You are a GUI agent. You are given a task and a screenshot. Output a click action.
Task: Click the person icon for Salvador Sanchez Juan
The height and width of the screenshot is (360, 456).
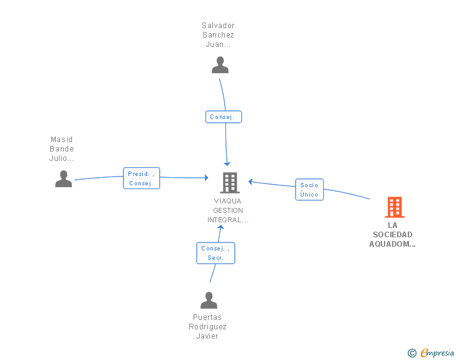(220, 65)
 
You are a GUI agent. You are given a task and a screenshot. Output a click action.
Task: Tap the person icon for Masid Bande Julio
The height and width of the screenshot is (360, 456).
(63, 178)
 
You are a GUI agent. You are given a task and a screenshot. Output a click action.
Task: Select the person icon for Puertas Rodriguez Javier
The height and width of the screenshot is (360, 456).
(209, 300)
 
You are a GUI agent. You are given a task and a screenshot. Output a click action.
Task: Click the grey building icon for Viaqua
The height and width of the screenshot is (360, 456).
(230, 183)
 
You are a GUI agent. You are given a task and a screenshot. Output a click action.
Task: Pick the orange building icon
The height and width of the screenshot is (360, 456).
(395, 207)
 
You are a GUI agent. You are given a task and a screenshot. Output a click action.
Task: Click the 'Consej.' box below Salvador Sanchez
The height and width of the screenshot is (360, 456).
(224, 117)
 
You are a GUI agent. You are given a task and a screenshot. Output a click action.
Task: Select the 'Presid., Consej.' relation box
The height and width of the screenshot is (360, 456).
(142, 178)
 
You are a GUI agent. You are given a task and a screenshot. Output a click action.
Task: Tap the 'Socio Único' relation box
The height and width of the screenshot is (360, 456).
(309, 190)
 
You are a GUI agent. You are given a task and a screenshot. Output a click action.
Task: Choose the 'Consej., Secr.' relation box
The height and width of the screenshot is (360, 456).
(215, 253)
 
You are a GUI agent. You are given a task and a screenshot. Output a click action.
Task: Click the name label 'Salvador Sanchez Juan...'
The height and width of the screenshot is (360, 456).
(218, 35)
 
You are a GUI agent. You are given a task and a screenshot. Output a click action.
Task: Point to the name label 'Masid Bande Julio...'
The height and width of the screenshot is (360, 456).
(61, 149)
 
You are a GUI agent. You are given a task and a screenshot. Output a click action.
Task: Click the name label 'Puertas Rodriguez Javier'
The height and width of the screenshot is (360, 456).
(207, 327)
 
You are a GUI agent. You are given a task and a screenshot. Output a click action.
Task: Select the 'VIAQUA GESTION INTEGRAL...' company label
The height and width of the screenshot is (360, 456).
(228, 210)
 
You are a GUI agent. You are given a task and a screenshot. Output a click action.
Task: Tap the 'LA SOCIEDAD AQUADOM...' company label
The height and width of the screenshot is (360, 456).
(392, 234)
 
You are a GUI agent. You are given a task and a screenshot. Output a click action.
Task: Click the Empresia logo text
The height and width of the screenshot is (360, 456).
(437, 352)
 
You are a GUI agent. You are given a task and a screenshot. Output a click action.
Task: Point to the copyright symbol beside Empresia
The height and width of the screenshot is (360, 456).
(412, 353)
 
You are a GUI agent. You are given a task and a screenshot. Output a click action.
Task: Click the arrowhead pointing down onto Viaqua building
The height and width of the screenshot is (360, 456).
(227, 163)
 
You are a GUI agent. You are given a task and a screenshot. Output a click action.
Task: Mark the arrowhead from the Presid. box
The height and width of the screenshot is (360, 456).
(207, 177)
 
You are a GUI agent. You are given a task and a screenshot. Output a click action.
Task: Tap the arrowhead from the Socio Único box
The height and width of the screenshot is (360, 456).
(251, 182)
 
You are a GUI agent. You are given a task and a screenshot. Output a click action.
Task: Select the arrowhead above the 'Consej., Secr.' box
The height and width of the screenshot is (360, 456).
(220, 227)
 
